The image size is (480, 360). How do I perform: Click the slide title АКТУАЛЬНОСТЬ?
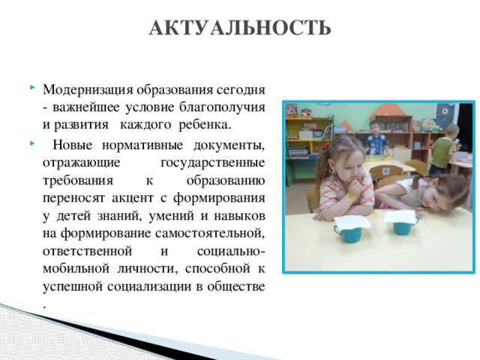pos(240,28)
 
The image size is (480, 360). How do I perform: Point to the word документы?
pos(229,145)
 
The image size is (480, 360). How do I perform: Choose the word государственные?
pos(213,163)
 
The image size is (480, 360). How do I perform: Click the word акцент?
pos(133,198)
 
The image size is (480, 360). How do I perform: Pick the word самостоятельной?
pos(210,233)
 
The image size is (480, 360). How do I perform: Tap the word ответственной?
pos(88,251)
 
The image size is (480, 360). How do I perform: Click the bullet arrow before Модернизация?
pos(32,88)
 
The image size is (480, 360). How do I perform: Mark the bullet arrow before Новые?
pos(32,142)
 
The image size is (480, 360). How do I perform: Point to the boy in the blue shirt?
pos(375,138)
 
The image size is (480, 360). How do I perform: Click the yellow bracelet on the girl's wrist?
pos(351,195)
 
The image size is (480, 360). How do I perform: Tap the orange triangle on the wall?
pos(388,110)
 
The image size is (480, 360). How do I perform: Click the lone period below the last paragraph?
pos(45,306)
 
